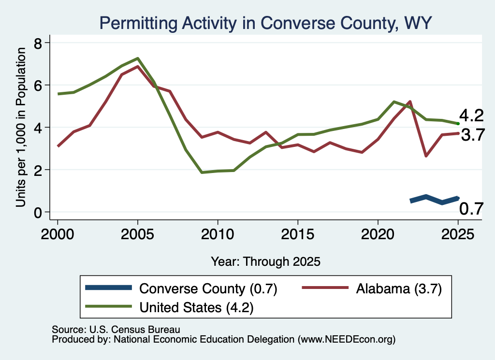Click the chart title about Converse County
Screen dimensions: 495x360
265,23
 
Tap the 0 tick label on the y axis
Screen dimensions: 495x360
38,213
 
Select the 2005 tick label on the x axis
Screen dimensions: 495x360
137,234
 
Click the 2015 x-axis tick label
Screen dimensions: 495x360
298,234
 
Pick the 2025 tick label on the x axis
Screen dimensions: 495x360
458,234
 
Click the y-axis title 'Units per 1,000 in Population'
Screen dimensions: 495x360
21,127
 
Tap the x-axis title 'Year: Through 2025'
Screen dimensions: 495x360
265,261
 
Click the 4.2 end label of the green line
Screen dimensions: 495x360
471,115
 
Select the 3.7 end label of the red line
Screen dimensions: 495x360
473,135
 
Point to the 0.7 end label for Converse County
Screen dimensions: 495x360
471,209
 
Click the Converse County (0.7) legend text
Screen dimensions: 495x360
208,288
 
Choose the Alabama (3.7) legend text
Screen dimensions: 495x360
399,288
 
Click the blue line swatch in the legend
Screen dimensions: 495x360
108,288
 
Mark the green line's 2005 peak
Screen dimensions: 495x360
138,58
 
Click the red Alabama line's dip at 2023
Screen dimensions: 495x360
426,156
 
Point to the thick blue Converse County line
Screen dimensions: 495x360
434,199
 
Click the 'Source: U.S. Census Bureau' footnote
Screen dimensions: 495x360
116,330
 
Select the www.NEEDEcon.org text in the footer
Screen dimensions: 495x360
346,340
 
